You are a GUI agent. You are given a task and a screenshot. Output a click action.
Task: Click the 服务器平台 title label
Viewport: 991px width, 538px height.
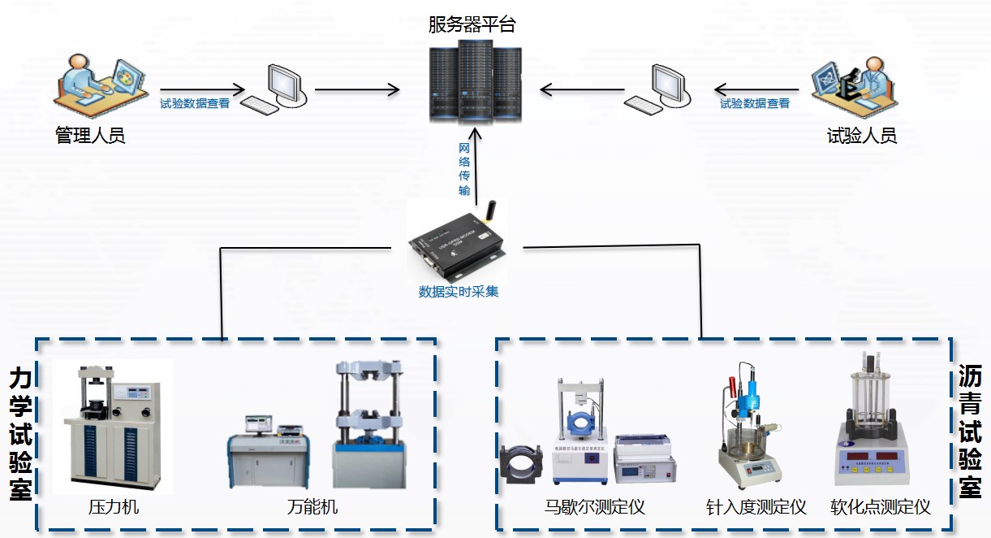point(472,25)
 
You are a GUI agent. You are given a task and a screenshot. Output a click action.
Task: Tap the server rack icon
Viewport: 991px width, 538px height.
point(475,81)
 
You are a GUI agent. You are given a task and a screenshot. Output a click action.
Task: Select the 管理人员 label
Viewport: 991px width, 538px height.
point(90,135)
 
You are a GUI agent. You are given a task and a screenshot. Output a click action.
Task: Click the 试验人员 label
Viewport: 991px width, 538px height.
point(861,135)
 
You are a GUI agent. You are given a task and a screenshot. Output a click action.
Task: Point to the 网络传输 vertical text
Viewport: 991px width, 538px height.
point(464,168)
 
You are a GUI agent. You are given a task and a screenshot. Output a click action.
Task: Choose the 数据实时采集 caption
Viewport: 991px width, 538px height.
point(459,292)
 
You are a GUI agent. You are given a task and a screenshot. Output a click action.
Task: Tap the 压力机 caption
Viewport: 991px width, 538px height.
point(114,507)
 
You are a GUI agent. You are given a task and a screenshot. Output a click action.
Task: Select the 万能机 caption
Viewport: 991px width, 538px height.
point(312,507)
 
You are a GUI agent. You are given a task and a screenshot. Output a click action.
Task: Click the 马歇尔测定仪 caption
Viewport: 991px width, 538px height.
point(595,508)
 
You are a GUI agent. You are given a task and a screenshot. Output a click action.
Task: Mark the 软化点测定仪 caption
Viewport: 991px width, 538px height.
point(880,508)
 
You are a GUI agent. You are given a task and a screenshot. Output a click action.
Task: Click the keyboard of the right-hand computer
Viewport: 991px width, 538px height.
point(644,105)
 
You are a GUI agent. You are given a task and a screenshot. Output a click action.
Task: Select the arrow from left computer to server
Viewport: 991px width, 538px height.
point(357,89)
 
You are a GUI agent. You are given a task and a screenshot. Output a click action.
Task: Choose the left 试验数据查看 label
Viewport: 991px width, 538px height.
point(195,104)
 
